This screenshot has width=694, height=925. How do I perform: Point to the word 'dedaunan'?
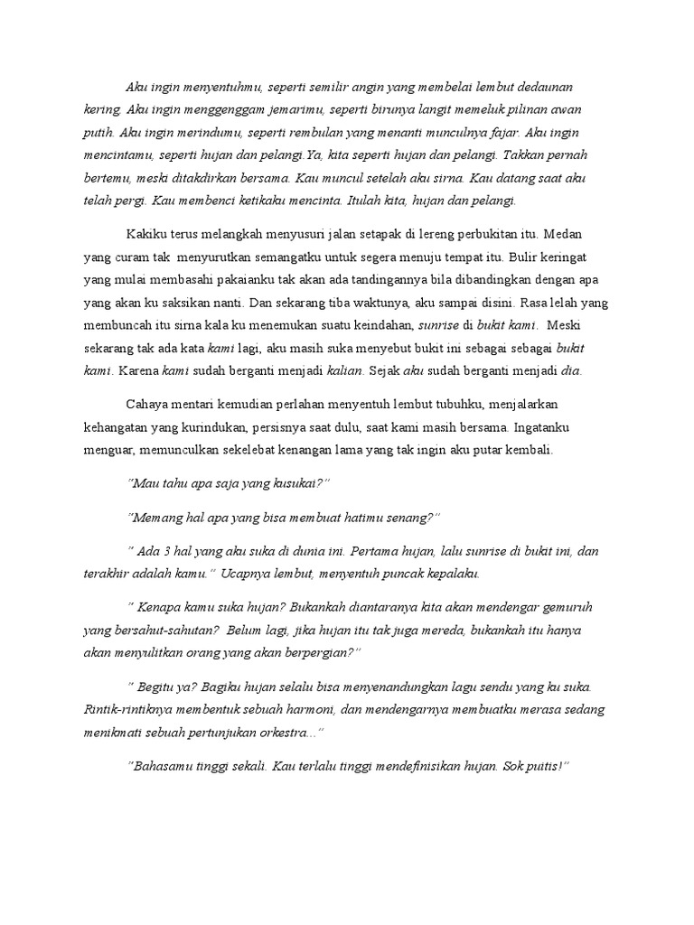537,87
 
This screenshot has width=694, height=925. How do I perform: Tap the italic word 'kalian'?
344,369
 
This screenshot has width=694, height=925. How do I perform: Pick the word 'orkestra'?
288,731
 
